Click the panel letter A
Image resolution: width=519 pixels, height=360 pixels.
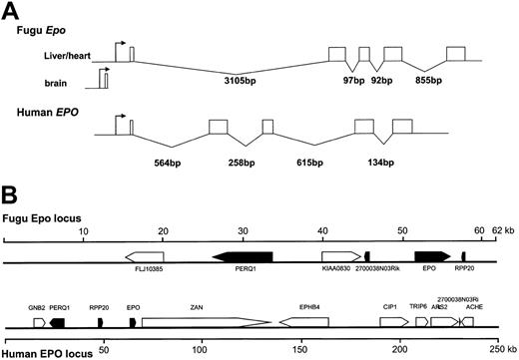(x=9, y=9)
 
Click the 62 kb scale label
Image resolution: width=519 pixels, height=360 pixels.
(x=498, y=231)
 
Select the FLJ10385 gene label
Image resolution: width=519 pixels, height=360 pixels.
(x=147, y=268)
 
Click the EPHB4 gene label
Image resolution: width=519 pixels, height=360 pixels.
(x=310, y=308)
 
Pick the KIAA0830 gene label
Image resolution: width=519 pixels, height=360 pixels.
(x=340, y=268)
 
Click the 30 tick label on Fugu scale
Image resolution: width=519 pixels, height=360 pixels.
(x=243, y=231)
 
